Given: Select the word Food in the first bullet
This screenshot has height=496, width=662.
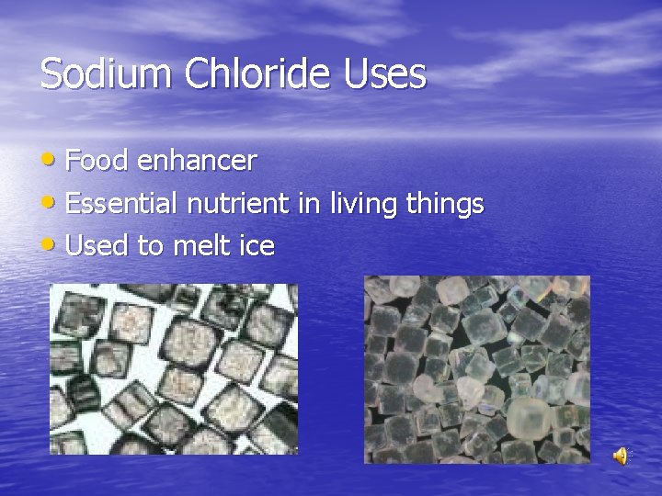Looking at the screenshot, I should pos(97,161).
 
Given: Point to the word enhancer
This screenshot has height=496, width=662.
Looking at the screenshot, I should pos(197,162).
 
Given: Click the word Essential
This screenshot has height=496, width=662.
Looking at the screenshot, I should pos(122,203).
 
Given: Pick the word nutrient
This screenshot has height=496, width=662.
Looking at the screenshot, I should pos(238,203).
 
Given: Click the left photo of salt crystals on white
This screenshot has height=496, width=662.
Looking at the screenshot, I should pos(174,368).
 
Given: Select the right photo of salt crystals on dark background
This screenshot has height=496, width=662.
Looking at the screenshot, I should pos(477,369).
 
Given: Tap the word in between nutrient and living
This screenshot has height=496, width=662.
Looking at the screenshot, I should pos(305,203).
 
